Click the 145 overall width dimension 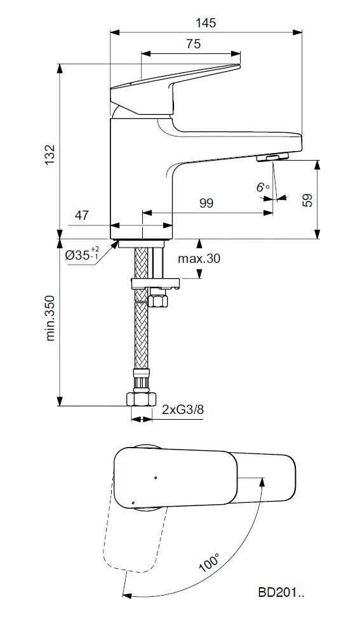click(206, 23)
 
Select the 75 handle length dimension click(194, 44)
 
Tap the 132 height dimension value click(50, 154)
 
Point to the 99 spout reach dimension click(206, 203)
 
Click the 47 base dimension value click(82, 215)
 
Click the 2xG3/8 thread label click(183, 410)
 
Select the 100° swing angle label click(209, 563)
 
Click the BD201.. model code click(281, 594)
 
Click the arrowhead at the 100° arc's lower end click(126, 596)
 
